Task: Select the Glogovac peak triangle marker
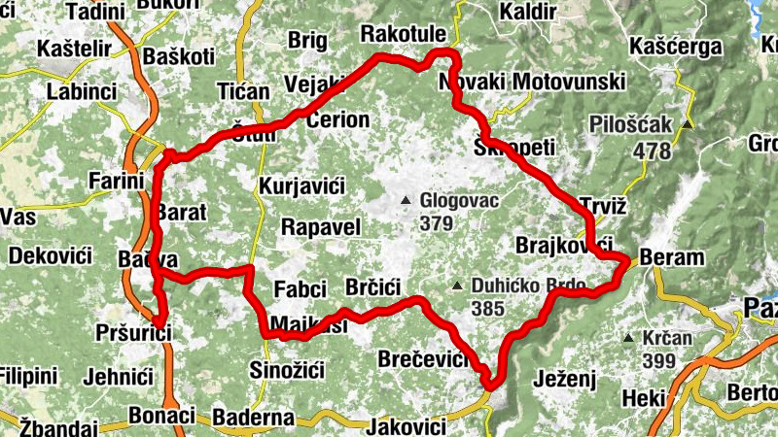click(x=406, y=201)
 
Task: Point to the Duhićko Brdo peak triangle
click(x=457, y=286)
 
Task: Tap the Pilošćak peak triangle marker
click(x=688, y=125)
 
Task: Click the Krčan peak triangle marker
click(x=628, y=339)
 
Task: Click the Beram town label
click(x=671, y=258)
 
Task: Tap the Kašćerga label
click(x=676, y=47)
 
